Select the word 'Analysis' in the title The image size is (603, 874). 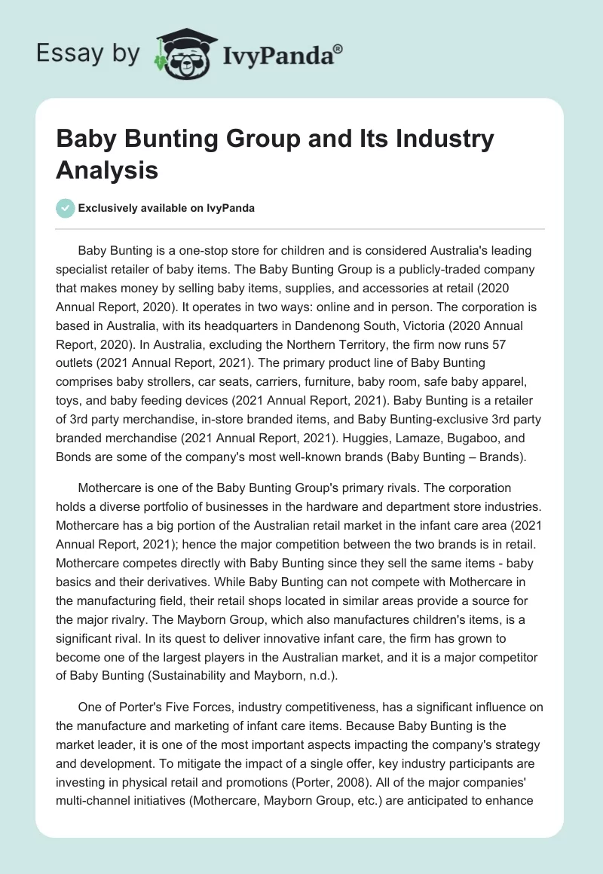107,170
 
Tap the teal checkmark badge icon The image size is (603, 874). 65,208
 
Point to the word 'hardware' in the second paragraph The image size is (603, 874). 348,506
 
